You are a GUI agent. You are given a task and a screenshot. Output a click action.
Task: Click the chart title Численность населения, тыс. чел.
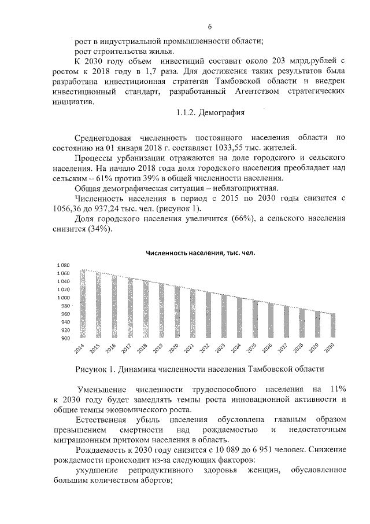(x=200, y=252)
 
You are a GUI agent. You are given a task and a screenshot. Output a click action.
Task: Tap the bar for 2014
(x=83, y=303)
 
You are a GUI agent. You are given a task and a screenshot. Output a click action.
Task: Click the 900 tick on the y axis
(x=65, y=338)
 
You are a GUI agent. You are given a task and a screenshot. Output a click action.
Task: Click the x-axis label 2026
(x=267, y=348)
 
